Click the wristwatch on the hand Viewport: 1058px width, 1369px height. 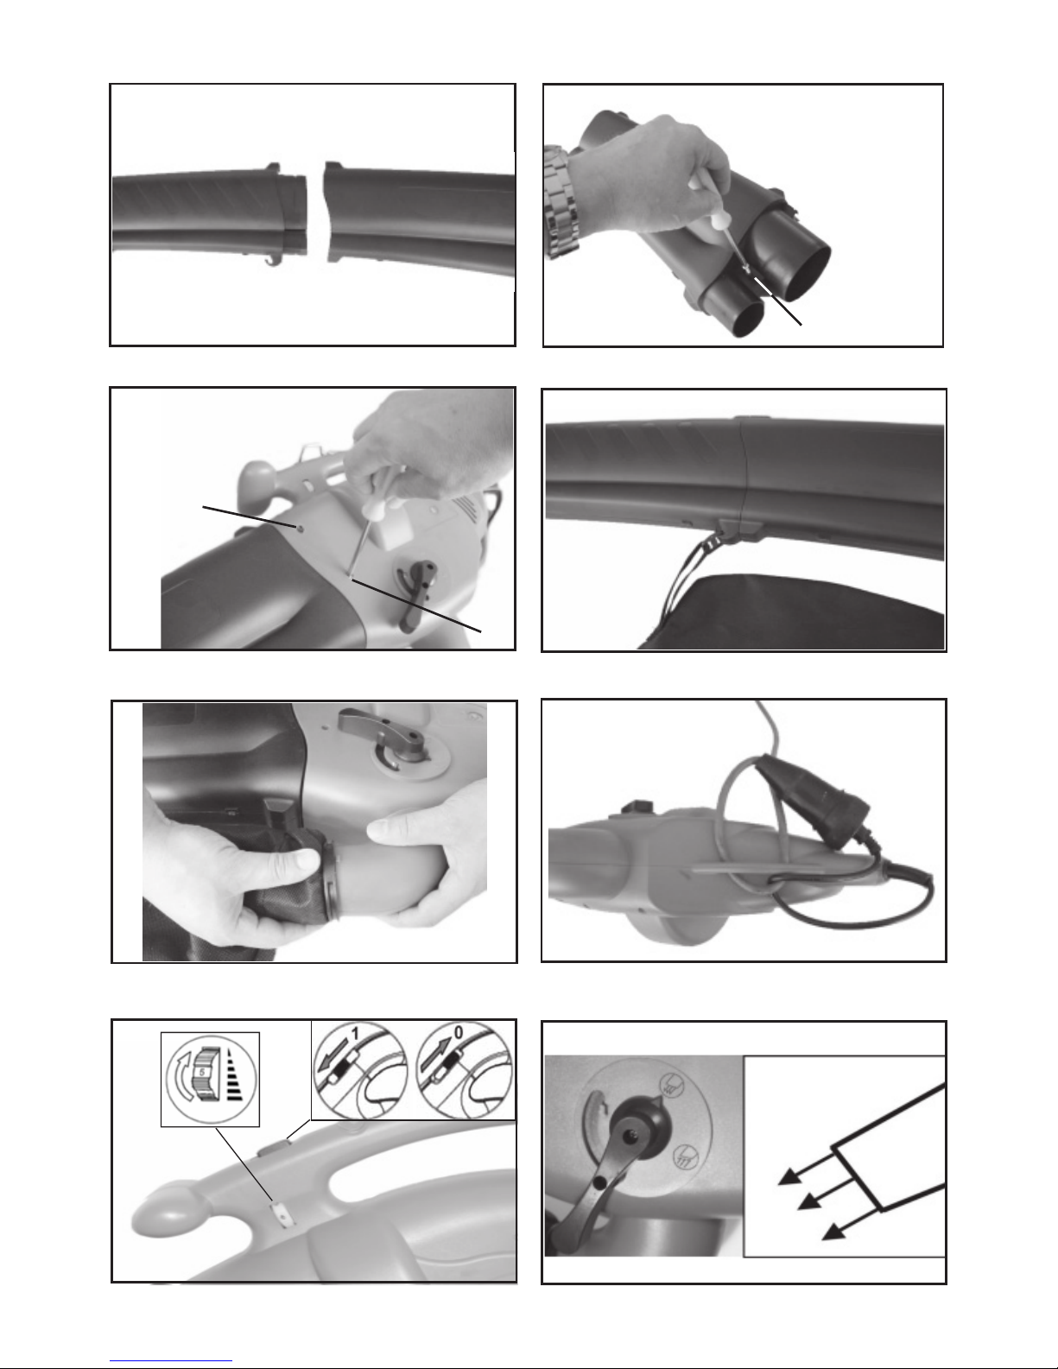click(x=561, y=201)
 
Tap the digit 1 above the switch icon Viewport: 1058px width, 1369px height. click(x=354, y=1034)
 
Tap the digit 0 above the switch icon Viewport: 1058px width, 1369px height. click(x=458, y=1033)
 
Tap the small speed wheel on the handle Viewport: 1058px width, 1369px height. click(x=282, y=1214)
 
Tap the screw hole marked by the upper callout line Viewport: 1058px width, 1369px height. click(x=298, y=527)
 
